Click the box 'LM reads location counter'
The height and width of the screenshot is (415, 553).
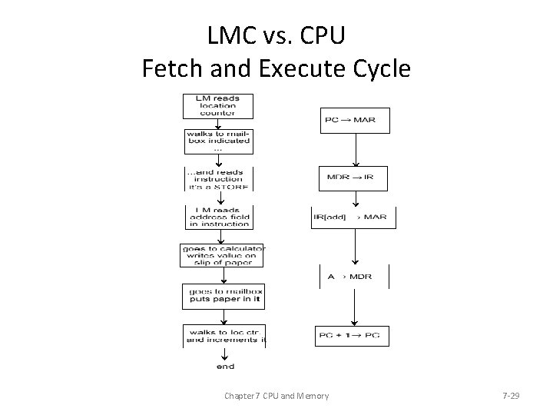217,106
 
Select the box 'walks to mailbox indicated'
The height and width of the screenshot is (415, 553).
217,141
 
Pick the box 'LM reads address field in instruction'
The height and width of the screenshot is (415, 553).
219,216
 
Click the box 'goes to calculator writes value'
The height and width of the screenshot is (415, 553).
222,254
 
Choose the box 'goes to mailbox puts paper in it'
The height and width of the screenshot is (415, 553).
223,296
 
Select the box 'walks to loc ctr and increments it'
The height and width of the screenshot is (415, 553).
225,335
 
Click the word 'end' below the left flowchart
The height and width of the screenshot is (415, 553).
225,367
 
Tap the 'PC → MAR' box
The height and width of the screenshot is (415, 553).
354,120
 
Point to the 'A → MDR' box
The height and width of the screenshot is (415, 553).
354,276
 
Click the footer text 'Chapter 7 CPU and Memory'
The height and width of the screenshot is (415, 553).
276,396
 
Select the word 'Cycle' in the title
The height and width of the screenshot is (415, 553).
378,69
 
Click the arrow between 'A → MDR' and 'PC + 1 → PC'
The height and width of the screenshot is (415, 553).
353,307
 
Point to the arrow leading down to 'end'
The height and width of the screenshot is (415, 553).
224,354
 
